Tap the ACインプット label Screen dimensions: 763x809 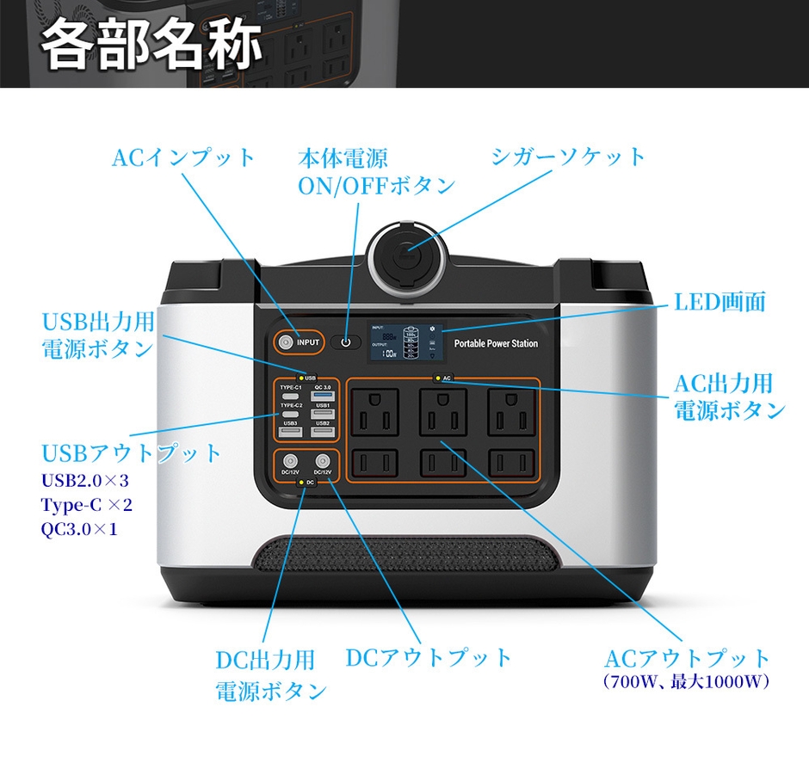(184, 157)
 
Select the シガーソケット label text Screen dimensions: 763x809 (568, 157)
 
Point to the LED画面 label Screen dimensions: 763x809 (719, 302)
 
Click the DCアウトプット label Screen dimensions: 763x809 (429, 658)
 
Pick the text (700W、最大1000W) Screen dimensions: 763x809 (686, 682)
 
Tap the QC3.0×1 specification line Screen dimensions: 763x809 (79, 528)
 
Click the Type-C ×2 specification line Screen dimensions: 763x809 (87, 504)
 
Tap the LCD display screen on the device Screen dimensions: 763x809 (405, 342)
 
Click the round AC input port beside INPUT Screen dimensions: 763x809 (285, 342)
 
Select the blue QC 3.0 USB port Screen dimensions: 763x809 (322, 395)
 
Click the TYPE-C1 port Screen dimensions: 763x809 (290, 395)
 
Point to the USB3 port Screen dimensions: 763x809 (290, 430)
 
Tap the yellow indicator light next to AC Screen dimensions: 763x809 (438, 378)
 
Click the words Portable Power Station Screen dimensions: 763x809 (496, 343)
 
